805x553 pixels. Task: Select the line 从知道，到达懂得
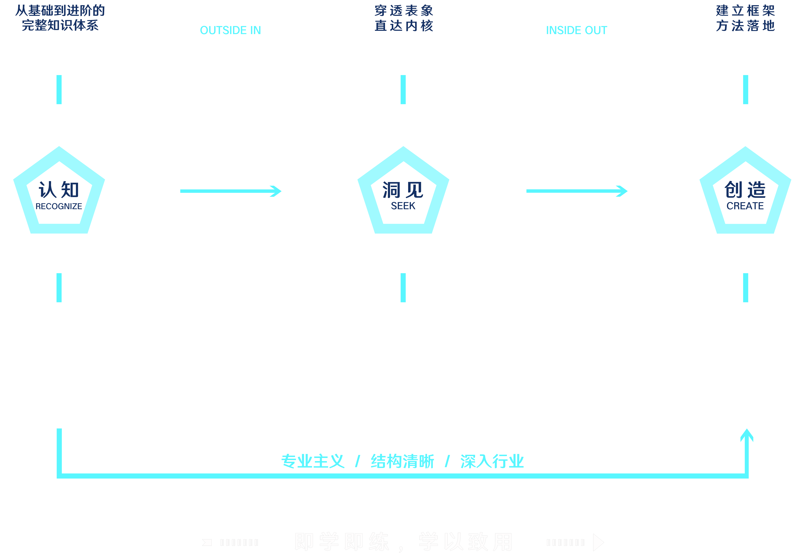tap(403, 495)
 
